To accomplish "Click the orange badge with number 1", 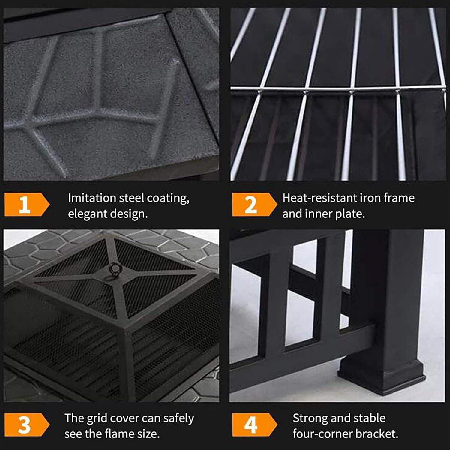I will [x=26, y=205].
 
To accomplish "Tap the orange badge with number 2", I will [x=254, y=205].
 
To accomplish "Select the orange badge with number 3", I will [x=26, y=425].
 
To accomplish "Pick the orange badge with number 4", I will [x=254, y=425].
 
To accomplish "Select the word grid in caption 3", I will [x=95, y=418].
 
